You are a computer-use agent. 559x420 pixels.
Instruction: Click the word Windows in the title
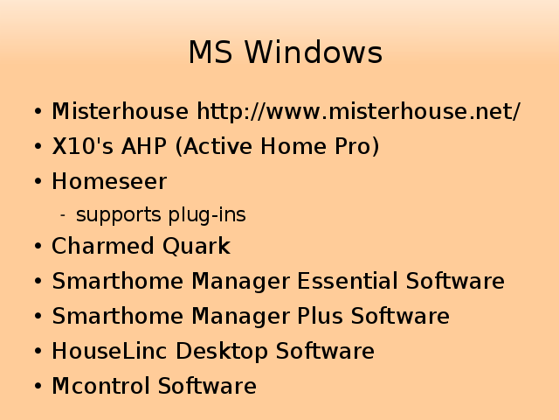point(314,52)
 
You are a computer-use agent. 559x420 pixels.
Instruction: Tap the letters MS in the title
point(210,52)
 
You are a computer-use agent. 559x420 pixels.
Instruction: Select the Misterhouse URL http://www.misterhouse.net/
point(359,111)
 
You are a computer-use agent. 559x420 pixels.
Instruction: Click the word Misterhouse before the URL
point(121,111)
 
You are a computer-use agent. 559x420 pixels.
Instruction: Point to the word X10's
point(83,146)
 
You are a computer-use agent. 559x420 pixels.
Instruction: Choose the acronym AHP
point(144,146)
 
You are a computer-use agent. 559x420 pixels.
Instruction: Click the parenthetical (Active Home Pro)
point(278,146)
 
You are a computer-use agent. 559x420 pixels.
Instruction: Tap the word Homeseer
point(109,181)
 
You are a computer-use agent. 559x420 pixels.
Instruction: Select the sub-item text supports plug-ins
point(161,215)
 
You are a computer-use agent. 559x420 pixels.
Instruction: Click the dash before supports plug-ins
point(63,215)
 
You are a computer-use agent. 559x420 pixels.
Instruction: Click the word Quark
point(197,246)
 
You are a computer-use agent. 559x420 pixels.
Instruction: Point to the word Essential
point(348,281)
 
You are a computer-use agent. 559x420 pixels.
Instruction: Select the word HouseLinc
point(109,351)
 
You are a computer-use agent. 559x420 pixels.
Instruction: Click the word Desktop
point(221,351)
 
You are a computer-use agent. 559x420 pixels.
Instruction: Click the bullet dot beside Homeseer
point(38,181)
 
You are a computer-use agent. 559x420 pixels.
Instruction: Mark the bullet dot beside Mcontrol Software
point(38,386)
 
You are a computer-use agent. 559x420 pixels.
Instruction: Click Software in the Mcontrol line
point(207,386)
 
